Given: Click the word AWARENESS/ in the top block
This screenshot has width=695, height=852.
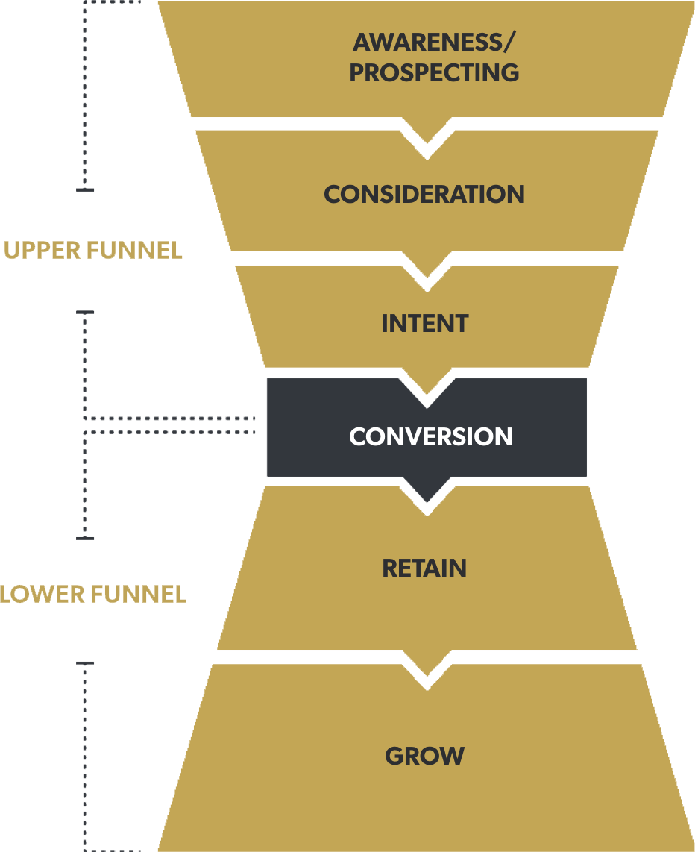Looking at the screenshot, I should pyautogui.click(x=433, y=42).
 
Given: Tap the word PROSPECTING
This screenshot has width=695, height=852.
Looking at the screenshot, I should pyautogui.click(x=434, y=73).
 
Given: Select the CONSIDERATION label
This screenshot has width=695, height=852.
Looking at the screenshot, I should pyautogui.click(x=424, y=195).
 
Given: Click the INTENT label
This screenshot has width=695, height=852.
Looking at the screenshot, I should pyautogui.click(x=425, y=324).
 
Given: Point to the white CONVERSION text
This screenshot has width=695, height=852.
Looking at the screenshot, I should pyautogui.click(x=430, y=436).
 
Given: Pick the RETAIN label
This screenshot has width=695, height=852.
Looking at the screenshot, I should pyautogui.click(x=424, y=568).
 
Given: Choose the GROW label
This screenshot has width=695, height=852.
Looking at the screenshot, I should pyautogui.click(x=424, y=757).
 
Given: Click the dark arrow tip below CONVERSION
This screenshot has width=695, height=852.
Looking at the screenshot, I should pyautogui.click(x=427, y=492).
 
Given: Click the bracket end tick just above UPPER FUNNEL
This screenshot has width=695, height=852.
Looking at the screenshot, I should pyautogui.click(x=85, y=191).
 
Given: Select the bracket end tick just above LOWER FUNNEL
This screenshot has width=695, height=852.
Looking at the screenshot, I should pyautogui.click(x=86, y=537).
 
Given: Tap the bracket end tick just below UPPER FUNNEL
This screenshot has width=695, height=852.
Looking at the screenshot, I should pyautogui.click(x=86, y=313).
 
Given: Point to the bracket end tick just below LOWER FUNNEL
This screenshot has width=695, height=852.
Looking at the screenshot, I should pyautogui.click(x=86, y=663).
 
